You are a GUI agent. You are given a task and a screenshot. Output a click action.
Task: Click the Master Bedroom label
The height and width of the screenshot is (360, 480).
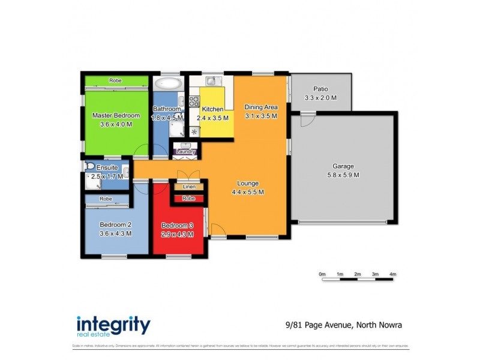point(116,116)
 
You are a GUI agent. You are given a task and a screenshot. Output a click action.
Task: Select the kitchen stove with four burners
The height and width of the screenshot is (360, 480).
point(194,101)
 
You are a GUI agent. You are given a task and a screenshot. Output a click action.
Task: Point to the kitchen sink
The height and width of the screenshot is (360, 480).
point(212,81)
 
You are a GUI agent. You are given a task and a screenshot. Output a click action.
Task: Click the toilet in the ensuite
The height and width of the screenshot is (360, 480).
point(90,166)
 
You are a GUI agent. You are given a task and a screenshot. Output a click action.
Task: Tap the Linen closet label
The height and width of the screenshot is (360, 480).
point(189,187)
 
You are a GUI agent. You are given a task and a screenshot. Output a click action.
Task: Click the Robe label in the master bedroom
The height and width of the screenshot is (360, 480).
point(116,80)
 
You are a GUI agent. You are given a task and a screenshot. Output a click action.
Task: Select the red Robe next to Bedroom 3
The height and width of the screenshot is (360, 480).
point(189,198)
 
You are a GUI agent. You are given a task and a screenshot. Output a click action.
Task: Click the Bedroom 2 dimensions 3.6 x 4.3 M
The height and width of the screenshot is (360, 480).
point(115,233)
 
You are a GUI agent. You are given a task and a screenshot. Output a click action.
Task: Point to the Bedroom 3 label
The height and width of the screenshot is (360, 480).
point(177,226)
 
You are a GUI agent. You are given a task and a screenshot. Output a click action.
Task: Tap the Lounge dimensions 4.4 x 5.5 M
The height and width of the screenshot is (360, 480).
point(248,192)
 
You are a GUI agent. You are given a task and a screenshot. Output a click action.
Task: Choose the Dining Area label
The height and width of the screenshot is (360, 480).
point(261,107)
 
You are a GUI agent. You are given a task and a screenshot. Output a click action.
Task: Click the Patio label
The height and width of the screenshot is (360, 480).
point(320,89)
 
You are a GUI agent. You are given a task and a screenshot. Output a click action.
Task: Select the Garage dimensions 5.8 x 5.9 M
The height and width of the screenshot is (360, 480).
point(343,175)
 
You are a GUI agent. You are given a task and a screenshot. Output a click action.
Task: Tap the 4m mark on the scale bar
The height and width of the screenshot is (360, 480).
point(393,274)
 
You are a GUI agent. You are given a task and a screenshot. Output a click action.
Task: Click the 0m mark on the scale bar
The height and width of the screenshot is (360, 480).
point(322,274)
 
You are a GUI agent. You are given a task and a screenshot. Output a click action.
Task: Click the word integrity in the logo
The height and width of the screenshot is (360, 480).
point(113,324)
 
